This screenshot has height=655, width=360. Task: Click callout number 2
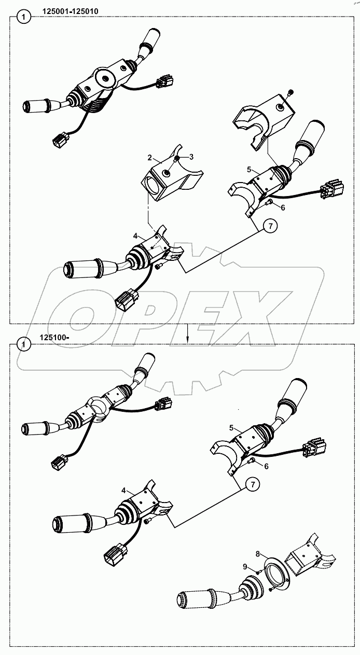click(x=149, y=157)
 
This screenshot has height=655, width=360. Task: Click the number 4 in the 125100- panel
click(x=123, y=490)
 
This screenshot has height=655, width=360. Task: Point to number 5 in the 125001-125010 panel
click(x=249, y=169)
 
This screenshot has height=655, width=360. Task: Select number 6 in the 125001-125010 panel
click(x=283, y=207)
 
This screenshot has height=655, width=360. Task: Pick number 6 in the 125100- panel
click(x=266, y=466)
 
